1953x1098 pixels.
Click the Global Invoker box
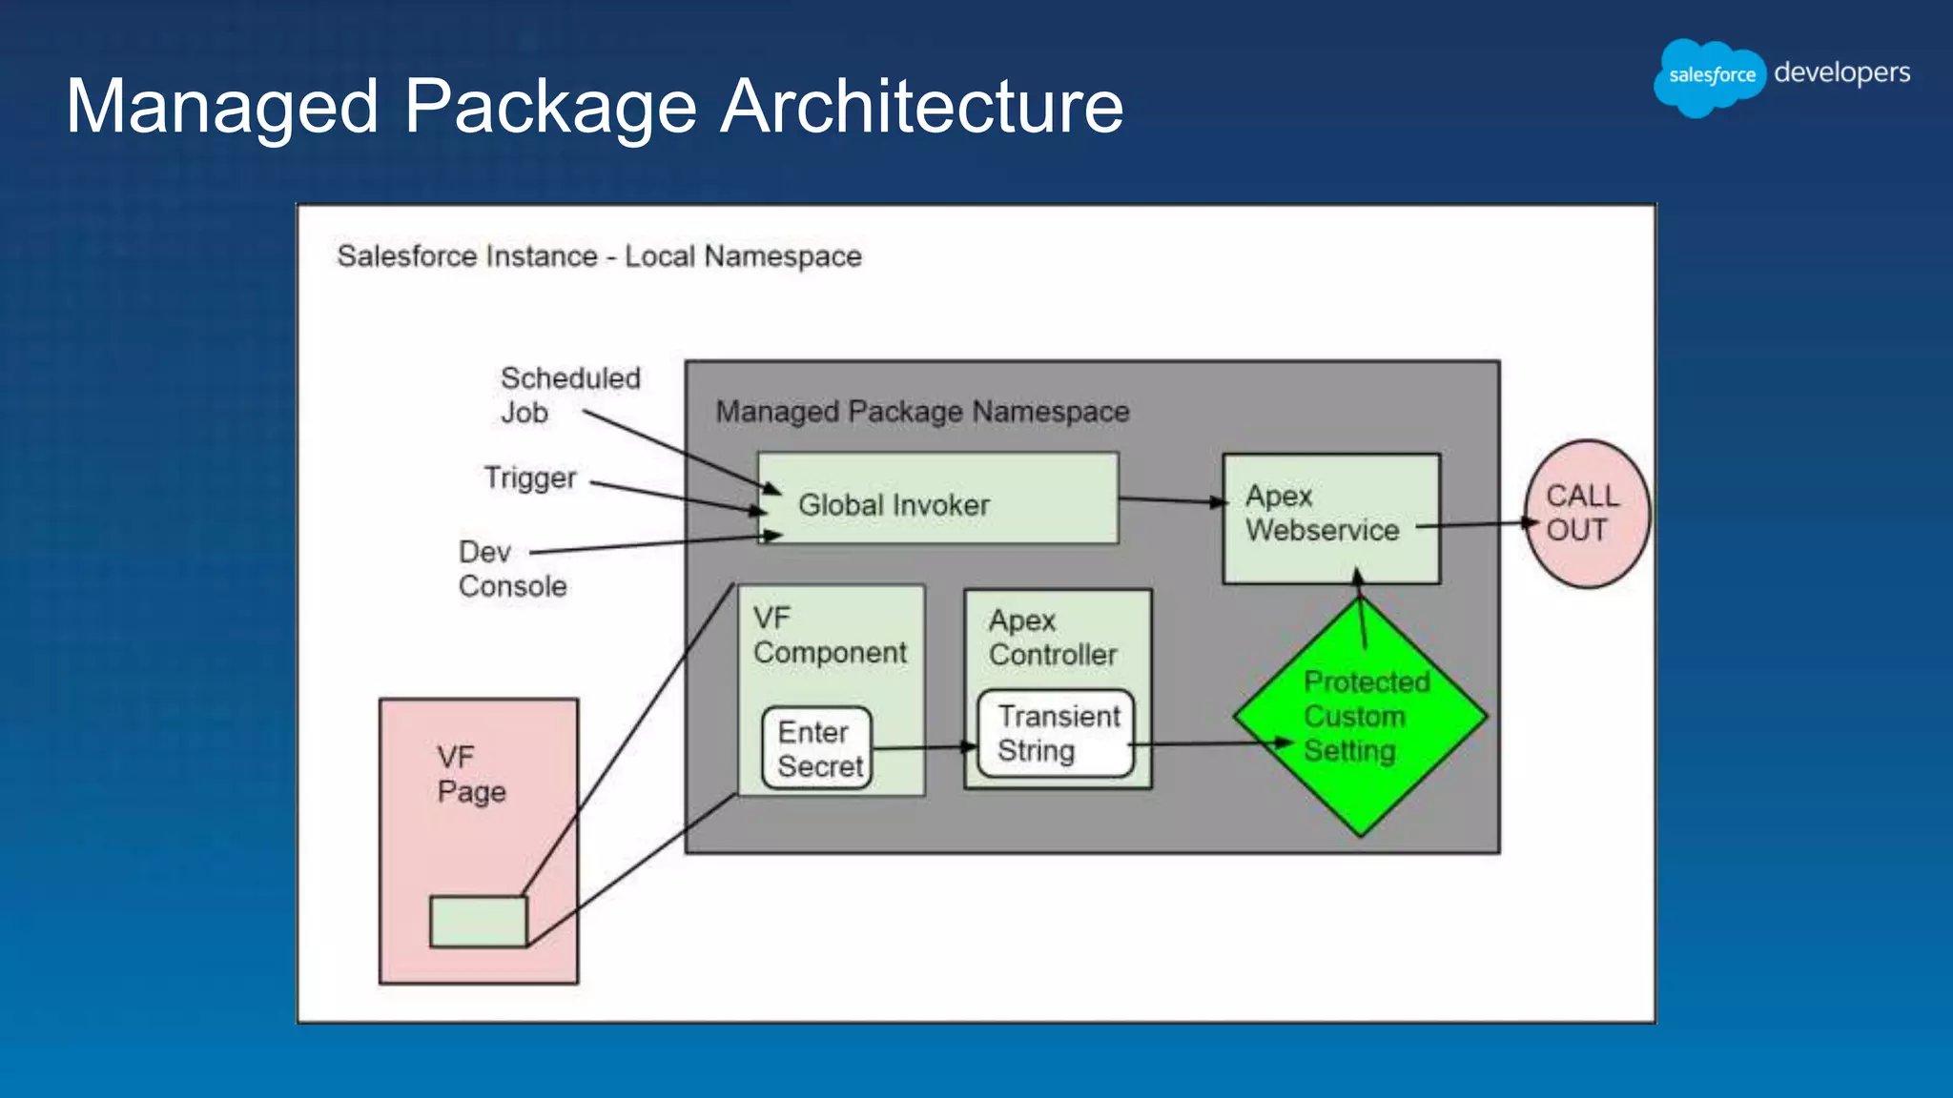click(x=937, y=498)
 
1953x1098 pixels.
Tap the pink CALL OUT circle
click(x=1588, y=514)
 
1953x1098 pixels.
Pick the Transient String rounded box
click(x=1057, y=733)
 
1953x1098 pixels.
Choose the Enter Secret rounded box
click(x=817, y=749)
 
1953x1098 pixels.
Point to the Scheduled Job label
click(x=569, y=395)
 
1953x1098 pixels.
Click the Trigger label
click(x=530, y=478)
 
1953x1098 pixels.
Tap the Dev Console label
click(x=512, y=569)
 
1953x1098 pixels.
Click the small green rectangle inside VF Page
click(x=478, y=921)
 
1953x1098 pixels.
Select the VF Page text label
click(x=470, y=774)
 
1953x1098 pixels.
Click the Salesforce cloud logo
click(x=1711, y=76)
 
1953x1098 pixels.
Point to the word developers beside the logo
click(x=1841, y=73)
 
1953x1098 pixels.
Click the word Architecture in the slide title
click(x=921, y=107)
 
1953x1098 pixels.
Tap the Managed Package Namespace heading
click(x=922, y=412)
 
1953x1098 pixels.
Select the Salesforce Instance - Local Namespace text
click(x=599, y=256)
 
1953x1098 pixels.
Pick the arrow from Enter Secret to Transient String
click(x=923, y=748)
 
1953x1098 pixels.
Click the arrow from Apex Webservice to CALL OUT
click(x=1476, y=524)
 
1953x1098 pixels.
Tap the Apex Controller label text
click(x=1052, y=638)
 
